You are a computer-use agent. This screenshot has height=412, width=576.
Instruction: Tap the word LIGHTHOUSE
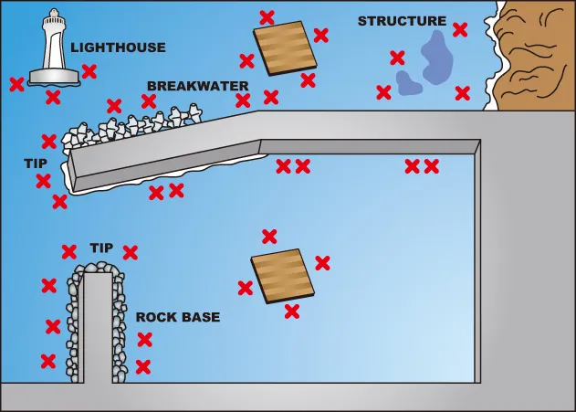point(119,48)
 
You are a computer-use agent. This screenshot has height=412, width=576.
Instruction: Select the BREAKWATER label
point(197,86)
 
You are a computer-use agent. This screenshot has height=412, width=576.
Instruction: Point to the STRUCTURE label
point(402,21)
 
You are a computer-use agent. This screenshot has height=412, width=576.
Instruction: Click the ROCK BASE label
point(178,318)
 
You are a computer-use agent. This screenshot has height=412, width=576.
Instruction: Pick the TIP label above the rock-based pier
point(101,248)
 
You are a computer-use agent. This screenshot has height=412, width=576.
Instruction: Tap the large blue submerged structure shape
point(427,59)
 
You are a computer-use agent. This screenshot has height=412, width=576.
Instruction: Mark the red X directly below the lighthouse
point(53,97)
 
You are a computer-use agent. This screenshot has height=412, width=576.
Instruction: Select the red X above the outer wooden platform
point(267,17)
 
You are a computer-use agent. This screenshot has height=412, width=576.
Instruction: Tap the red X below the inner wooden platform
point(292,312)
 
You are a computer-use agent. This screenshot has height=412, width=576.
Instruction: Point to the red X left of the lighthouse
point(16,85)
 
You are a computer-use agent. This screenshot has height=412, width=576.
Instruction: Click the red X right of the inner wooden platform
point(322,263)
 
